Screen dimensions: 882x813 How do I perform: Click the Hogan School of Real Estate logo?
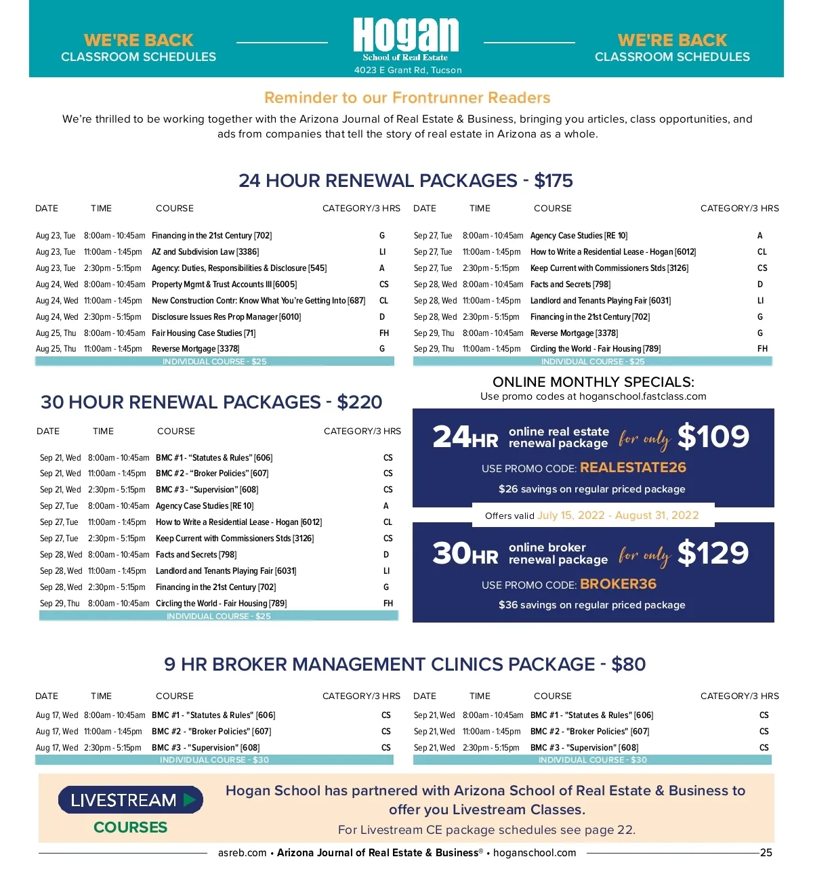point(406,39)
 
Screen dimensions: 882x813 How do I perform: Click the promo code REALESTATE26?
point(633,467)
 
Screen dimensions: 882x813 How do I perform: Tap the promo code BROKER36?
point(618,584)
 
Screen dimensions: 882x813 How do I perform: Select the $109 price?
point(713,437)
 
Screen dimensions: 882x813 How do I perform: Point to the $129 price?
point(713,553)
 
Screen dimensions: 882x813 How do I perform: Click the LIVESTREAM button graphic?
point(130,800)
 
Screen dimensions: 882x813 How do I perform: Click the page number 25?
point(766,853)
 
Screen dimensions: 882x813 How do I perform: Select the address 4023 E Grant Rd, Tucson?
point(408,70)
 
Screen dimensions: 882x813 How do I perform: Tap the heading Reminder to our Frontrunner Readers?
point(407,98)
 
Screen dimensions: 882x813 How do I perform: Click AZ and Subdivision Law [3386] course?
point(205,252)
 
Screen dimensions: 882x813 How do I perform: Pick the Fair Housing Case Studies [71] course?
point(203,333)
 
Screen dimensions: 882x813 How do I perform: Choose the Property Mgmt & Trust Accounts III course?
point(224,285)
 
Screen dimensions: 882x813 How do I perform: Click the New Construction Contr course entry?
point(258,301)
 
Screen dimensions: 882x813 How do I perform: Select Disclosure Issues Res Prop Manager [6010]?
point(226,317)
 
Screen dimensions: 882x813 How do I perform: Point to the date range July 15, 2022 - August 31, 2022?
point(618,516)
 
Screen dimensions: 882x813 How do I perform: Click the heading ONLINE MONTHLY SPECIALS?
point(593,382)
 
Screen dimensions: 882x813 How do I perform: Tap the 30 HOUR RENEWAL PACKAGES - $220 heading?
point(211,402)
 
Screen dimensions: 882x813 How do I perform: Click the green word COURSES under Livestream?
point(130,827)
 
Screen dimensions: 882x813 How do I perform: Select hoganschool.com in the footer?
point(534,853)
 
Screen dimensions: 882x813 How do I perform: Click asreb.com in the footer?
point(242,853)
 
